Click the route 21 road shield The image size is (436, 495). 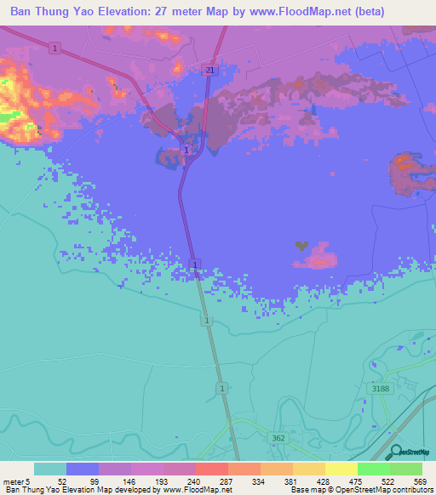pyautogui.click(x=209, y=70)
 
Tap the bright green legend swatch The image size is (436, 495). pyautogui.click(x=373, y=469)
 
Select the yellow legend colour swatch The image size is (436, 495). pyautogui.click(x=341, y=469)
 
